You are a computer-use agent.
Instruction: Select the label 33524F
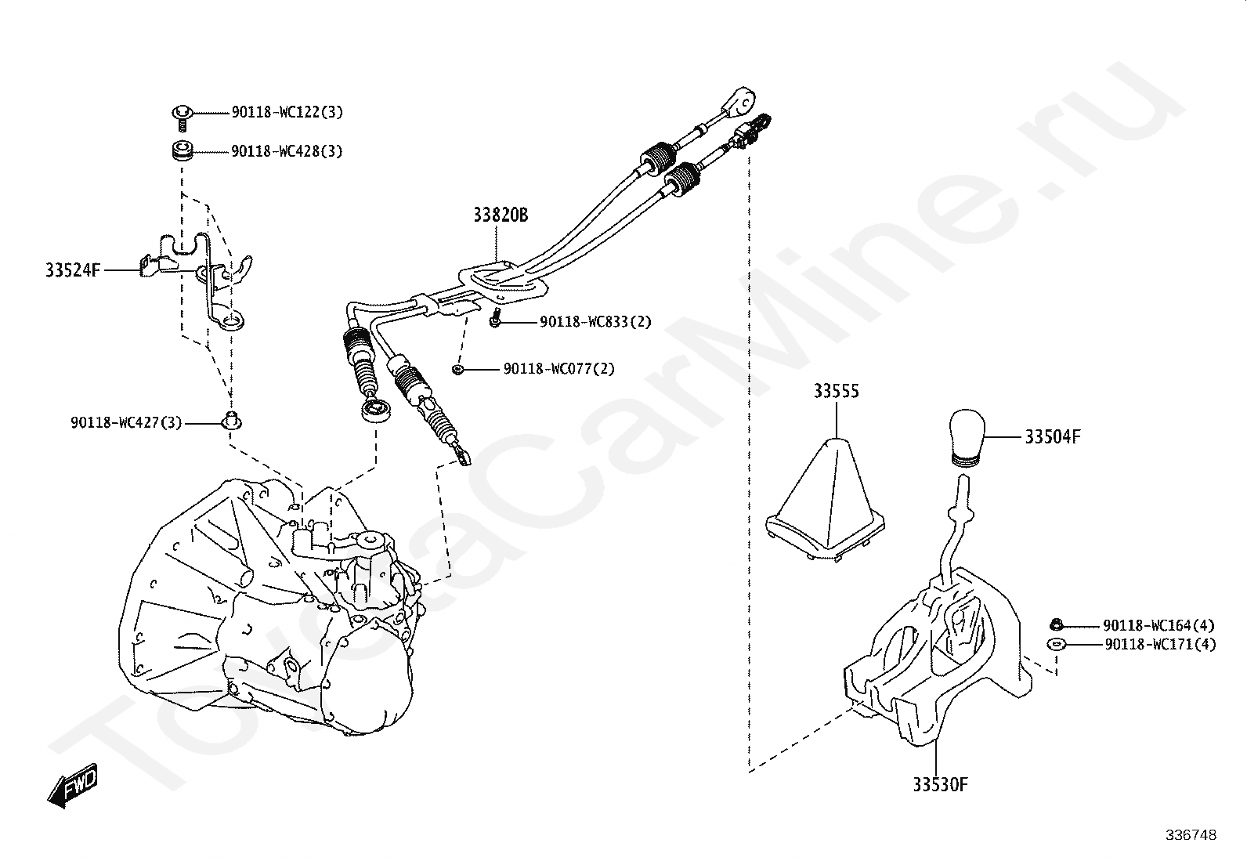(x=73, y=271)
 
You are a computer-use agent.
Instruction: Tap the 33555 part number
(x=836, y=391)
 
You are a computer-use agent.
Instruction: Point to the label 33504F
(x=1052, y=438)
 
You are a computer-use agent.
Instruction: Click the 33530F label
(x=940, y=784)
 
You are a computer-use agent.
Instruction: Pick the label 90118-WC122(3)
(x=287, y=113)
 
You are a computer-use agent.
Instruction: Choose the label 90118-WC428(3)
(x=287, y=151)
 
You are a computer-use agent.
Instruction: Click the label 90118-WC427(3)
(x=126, y=423)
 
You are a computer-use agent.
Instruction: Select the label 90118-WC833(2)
(x=595, y=322)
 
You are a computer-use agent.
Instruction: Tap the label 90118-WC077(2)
(x=558, y=368)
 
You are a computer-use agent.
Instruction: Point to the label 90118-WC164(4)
(x=1158, y=625)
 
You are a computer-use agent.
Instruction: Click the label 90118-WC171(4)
(x=1160, y=645)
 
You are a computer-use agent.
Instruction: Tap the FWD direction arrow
(x=72, y=783)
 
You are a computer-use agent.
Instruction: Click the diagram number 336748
(x=1191, y=836)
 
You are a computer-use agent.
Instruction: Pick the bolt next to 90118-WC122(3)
(x=182, y=115)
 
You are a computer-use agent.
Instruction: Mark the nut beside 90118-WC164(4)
(x=1056, y=624)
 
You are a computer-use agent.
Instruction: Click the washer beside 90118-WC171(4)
(x=1056, y=644)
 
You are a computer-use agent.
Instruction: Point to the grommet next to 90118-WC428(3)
(x=183, y=150)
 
